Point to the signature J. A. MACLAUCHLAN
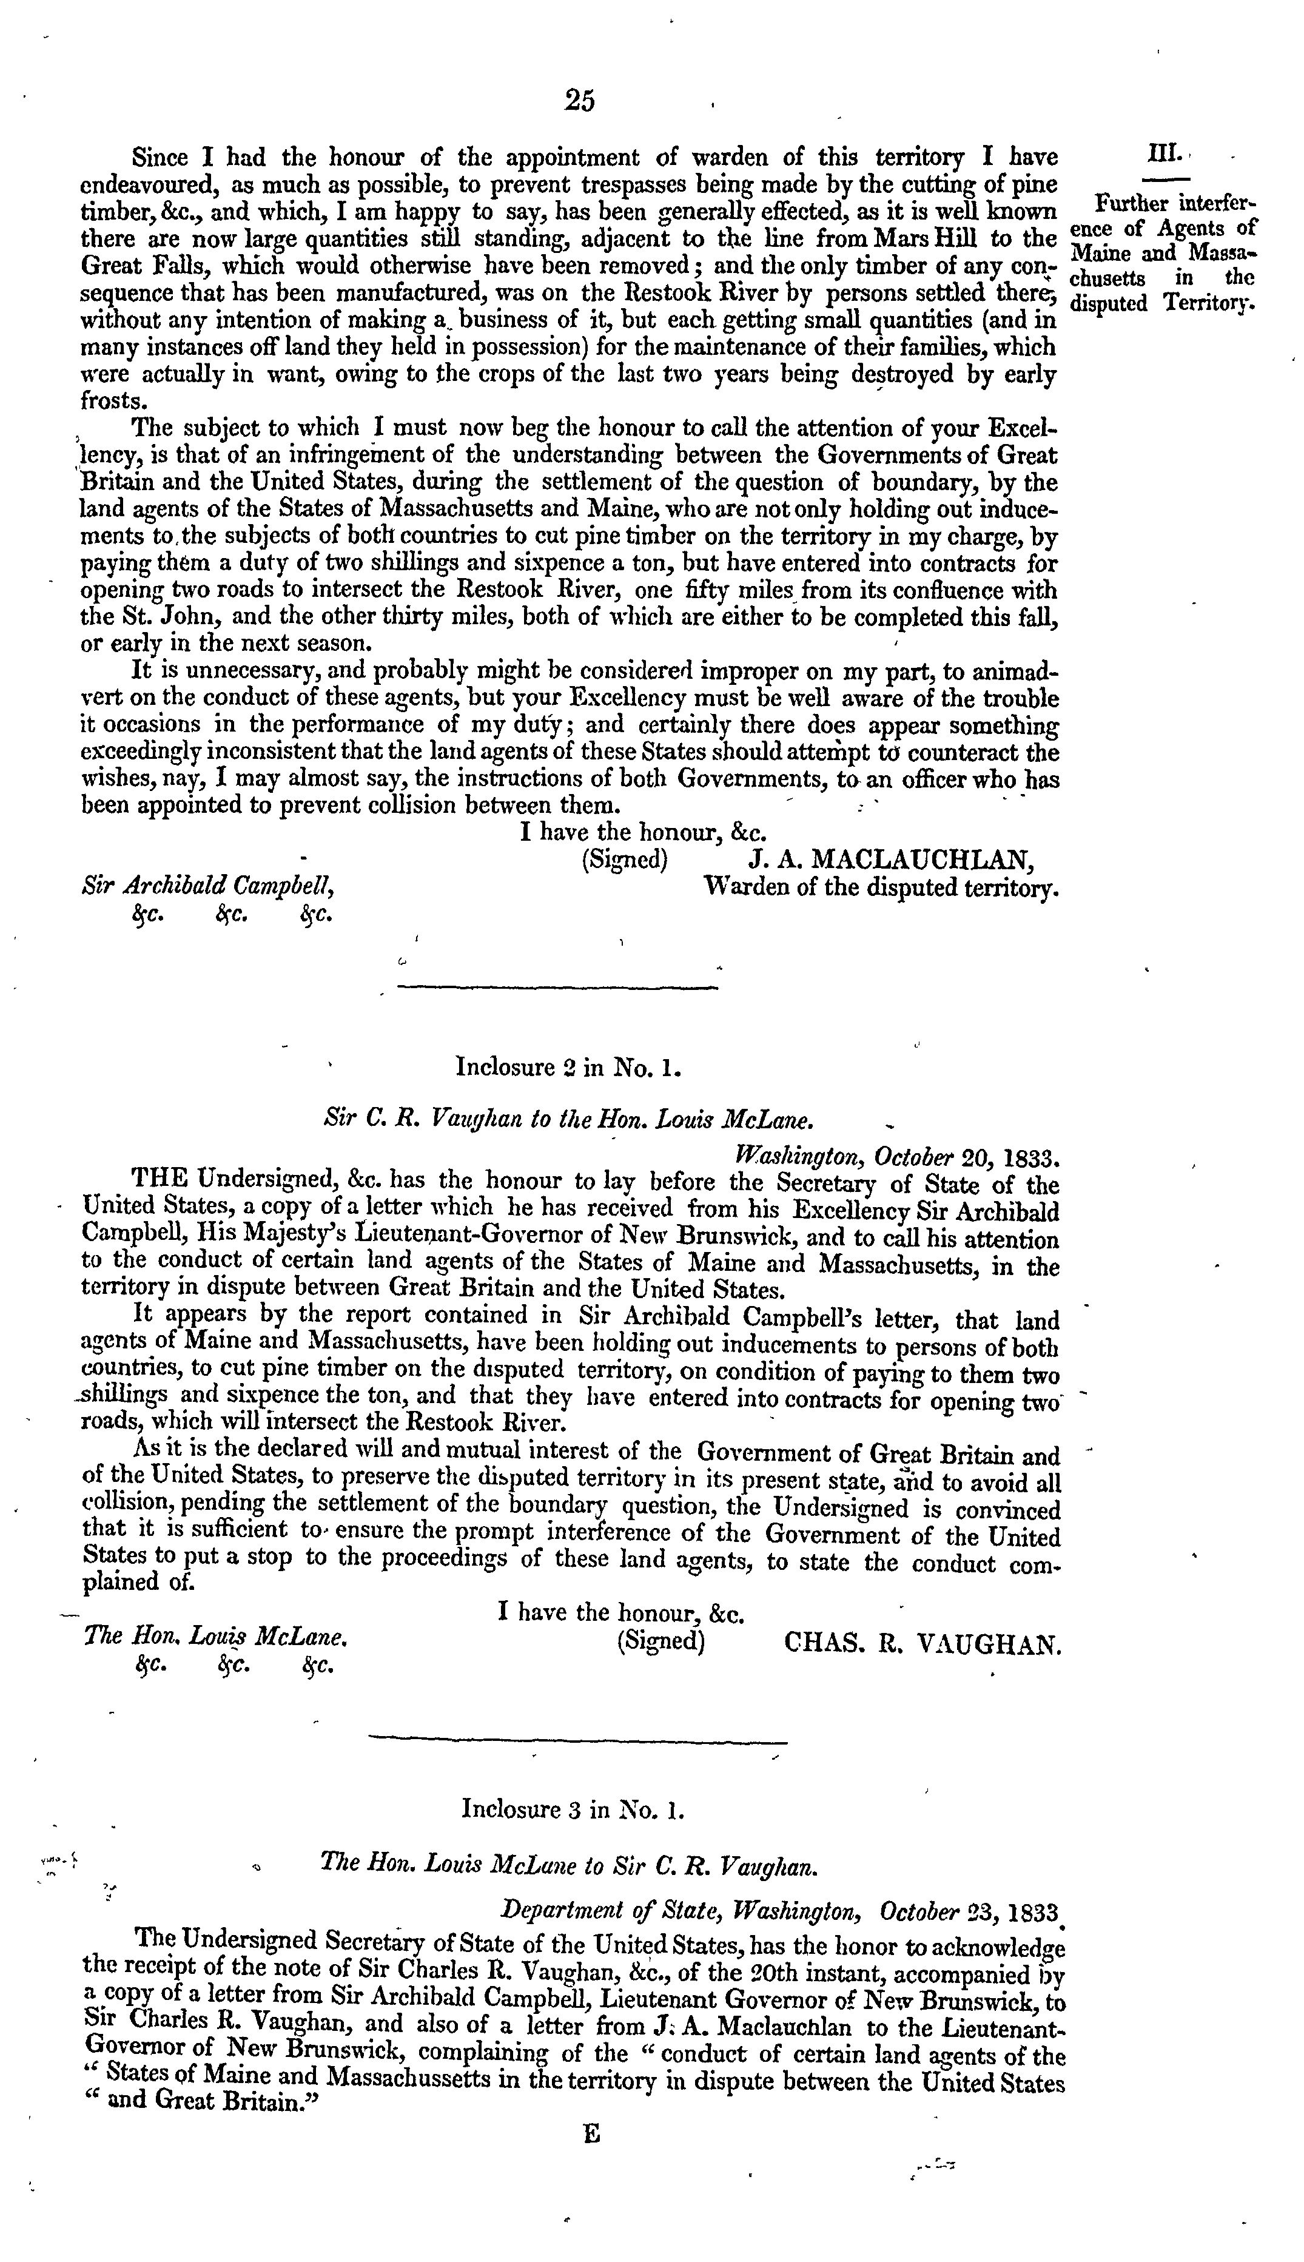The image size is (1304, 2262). click(x=891, y=861)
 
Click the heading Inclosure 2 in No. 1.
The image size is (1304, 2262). click(x=570, y=1068)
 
